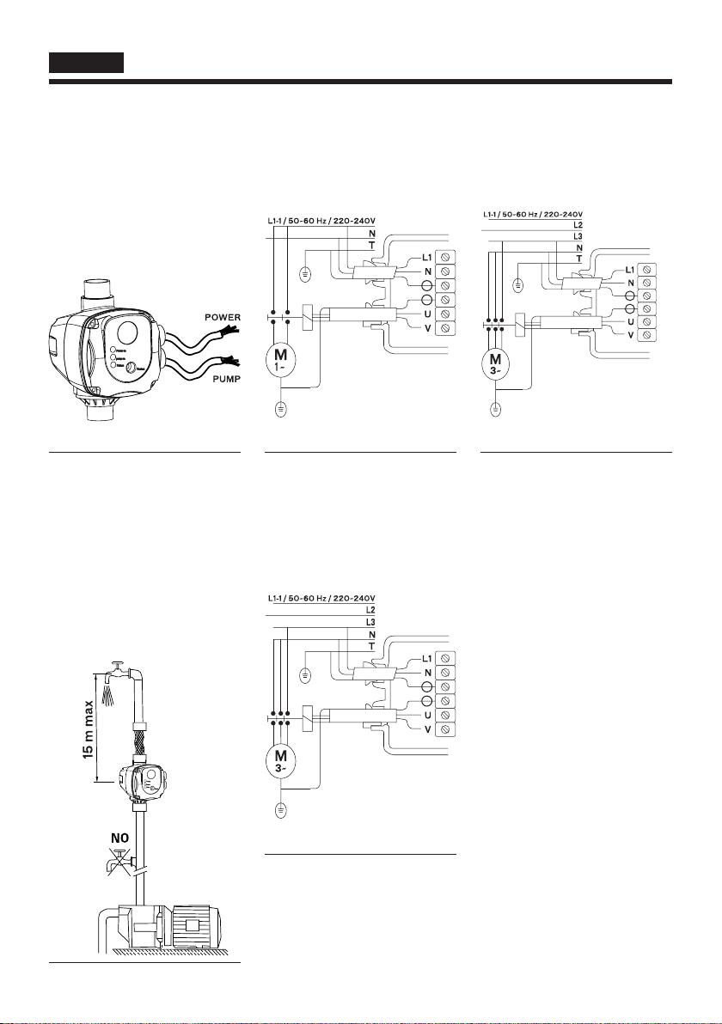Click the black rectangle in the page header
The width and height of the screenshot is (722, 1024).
[87, 63]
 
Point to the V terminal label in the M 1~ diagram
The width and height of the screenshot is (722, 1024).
[427, 327]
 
